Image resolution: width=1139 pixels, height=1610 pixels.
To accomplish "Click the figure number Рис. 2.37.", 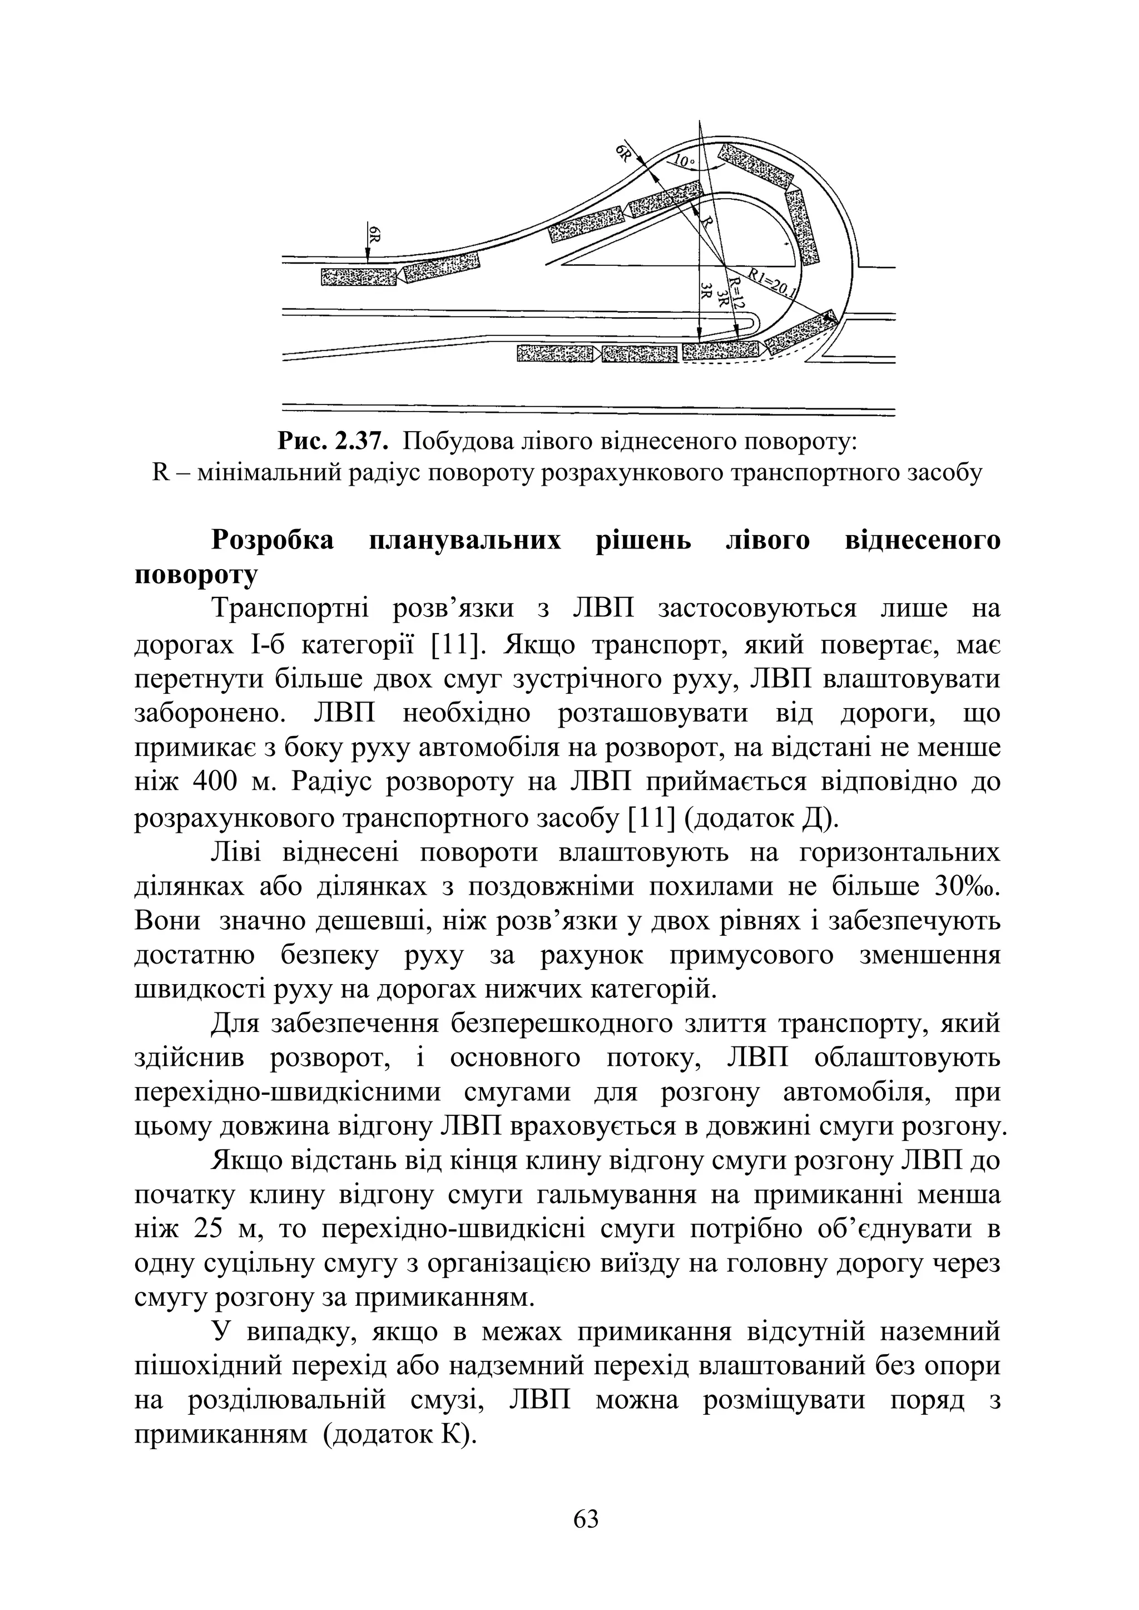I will coord(333,441).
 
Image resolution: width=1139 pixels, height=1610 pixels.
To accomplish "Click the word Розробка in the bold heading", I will coord(273,540).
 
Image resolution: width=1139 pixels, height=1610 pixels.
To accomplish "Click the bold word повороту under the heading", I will coord(196,574).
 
